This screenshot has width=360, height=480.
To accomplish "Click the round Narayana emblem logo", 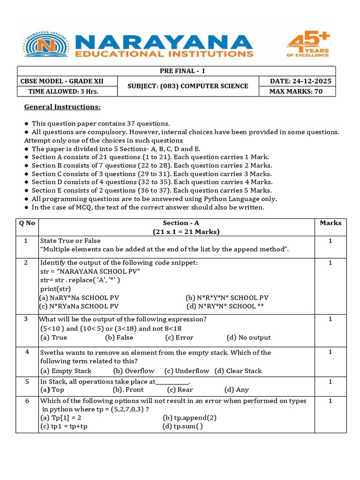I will (45, 45).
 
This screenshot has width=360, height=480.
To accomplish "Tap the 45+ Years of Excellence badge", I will (308, 45).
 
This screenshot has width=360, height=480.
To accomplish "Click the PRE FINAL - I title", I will (176, 71).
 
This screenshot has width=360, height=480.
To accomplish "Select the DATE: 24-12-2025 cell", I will (300, 81).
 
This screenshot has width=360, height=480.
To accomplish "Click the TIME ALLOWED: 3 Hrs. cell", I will (66, 91).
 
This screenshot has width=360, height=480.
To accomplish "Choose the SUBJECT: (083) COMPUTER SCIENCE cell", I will (188, 86).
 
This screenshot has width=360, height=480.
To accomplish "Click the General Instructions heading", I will (62, 107).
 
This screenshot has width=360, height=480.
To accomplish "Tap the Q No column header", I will (27, 223).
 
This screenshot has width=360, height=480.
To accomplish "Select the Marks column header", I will (330, 223).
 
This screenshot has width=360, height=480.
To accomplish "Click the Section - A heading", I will (181, 223).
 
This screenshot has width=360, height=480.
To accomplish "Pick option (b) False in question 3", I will (119, 337).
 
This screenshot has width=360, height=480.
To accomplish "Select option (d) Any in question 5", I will (236, 390).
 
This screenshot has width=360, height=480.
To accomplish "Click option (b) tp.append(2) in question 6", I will (189, 417).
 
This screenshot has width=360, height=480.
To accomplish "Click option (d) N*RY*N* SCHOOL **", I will (225, 307).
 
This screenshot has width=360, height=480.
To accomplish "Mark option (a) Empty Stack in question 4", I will (66, 371).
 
